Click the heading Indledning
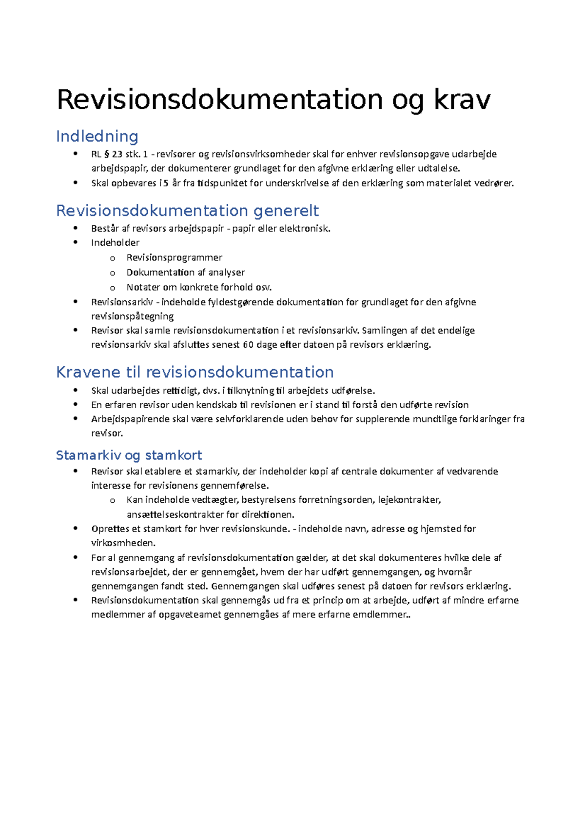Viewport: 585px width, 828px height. click(97, 136)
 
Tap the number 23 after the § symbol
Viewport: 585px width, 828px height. click(117, 155)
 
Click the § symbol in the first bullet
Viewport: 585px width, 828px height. click(107, 155)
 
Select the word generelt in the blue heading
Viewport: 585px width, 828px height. click(286, 211)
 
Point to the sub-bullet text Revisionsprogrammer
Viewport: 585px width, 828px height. click(174, 257)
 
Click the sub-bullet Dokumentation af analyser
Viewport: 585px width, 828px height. click(185, 272)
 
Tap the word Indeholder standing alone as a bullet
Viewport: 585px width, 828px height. click(115, 243)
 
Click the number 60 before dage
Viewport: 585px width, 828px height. click(248, 345)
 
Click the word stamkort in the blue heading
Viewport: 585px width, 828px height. click(173, 455)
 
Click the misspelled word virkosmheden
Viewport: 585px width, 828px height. click(123, 543)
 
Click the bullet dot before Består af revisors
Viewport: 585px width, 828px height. click(76, 228)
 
